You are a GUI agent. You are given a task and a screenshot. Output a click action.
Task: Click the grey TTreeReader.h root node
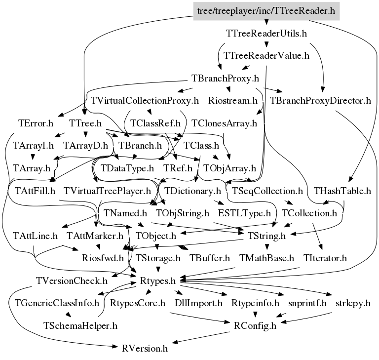point(266,9)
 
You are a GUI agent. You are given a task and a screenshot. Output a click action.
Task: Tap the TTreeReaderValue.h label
point(266,55)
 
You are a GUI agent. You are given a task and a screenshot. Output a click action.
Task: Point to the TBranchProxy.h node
point(225,78)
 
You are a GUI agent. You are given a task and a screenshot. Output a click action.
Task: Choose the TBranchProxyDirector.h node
point(320,101)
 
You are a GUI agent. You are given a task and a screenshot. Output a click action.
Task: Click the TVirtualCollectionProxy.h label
point(145,101)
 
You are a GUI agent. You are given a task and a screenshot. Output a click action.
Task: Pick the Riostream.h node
point(233,101)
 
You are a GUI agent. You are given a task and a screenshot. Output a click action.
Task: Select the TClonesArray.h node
point(225,123)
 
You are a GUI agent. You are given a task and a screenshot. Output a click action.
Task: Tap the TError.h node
point(36,123)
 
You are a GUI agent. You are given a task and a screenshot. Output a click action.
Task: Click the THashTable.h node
point(342,190)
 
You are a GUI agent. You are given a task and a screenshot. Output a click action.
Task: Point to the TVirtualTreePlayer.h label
point(108,190)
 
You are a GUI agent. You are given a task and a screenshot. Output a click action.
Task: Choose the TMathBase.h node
point(266,258)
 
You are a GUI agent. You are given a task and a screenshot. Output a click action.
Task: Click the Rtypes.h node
point(158,280)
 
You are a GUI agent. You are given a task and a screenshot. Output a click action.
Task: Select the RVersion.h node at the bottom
point(145,348)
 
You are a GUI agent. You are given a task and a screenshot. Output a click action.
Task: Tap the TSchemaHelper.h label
point(80,325)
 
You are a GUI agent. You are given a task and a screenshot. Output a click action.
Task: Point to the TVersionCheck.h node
point(72,280)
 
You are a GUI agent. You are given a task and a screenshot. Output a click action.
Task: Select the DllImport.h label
point(198,303)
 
